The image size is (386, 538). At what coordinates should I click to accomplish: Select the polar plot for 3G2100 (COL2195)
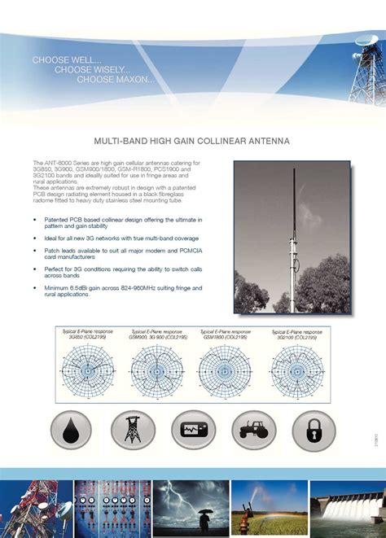pyautogui.click(x=296, y=370)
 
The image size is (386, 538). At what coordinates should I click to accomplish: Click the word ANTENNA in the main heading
pyautogui.click(x=269, y=141)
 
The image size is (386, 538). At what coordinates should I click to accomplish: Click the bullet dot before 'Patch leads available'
pyautogui.click(x=35, y=250)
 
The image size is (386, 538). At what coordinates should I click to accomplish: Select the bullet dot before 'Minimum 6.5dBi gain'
pyautogui.click(x=35, y=288)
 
